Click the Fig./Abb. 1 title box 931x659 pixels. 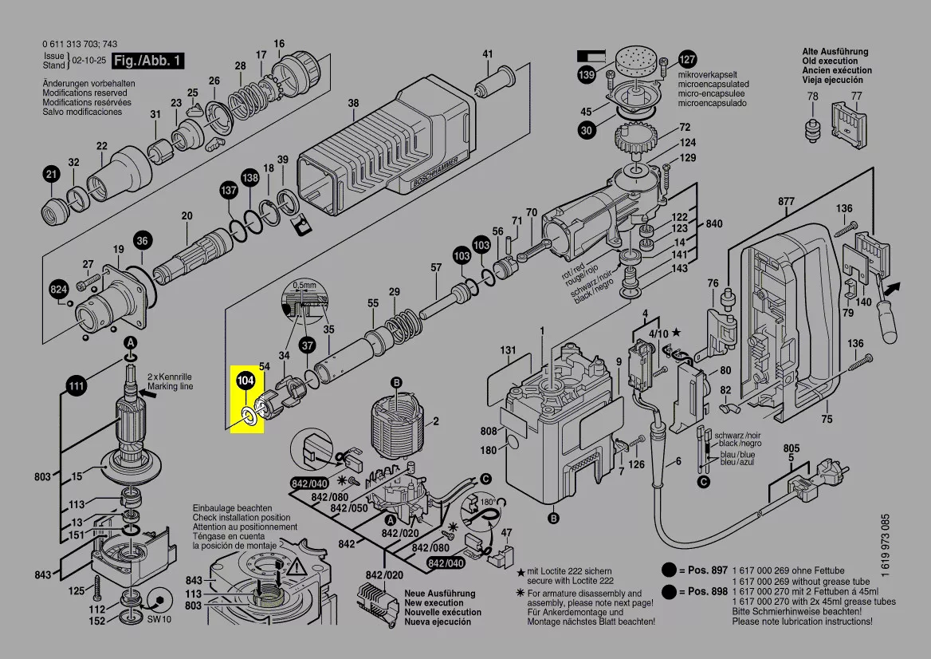[x=148, y=61]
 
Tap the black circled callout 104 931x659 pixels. [x=246, y=382]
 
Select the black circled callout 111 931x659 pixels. [x=76, y=388]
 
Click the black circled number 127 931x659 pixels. [x=687, y=59]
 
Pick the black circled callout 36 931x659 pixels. [x=142, y=240]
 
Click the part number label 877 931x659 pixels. [x=786, y=202]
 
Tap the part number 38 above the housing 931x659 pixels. [x=353, y=103]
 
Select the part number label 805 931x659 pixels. [x=791, y=448]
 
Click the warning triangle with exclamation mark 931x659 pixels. [x=297, y=568]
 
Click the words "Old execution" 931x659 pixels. [x=830, y=61]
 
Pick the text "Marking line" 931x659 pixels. [x=169, y=386]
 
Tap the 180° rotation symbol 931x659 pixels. [x=487, y=503]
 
